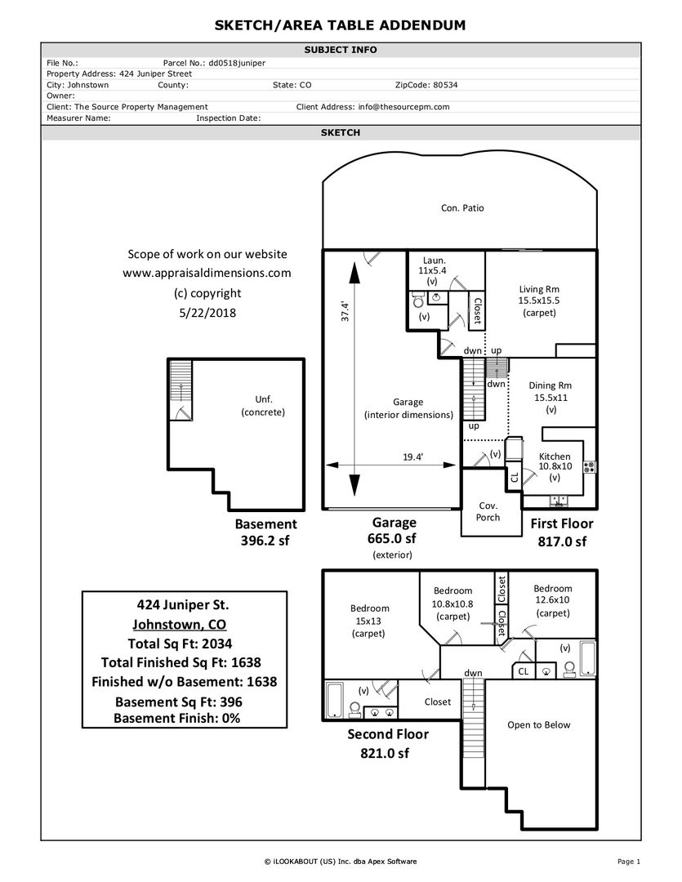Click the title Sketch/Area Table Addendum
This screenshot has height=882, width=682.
(340, 25)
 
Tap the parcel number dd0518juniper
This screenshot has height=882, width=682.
(237, 62)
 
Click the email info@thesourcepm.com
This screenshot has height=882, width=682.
(403, 106)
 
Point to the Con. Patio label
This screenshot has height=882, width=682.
(462, 207)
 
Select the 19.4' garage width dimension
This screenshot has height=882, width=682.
(412, 457)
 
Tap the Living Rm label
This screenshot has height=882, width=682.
(539, 289)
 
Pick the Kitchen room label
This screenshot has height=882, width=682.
(555, 457)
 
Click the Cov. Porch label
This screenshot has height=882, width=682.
(488, 511)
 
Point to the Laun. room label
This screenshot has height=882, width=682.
(434, 260)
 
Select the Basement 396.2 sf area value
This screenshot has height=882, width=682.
(265, 541)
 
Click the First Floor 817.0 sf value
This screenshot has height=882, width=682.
(562, 541)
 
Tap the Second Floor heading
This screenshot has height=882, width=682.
(388, 734)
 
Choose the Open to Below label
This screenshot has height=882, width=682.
(539, 724)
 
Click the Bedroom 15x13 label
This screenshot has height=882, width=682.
(369, 608)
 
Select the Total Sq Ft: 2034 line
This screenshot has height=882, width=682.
(184, 643)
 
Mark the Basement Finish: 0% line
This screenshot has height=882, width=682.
(177, 718)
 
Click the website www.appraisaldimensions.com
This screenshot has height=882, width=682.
(207, 274)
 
